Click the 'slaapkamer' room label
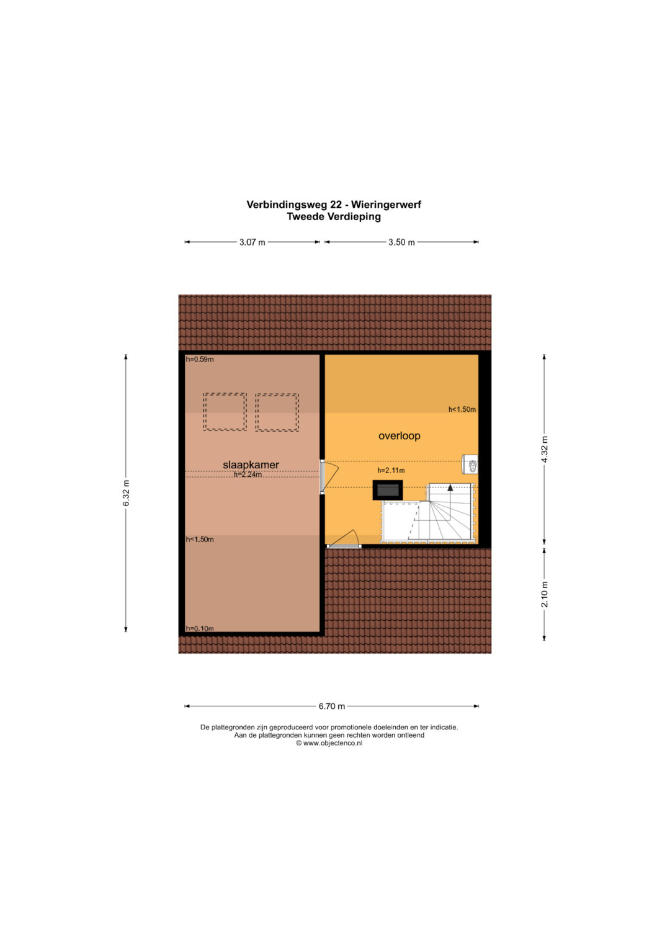(x=251, y=465)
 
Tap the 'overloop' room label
(x=400, y=436)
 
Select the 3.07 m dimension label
(x=252, y=242)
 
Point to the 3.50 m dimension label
(x=402, y=242)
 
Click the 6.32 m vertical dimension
(x=126, y=493)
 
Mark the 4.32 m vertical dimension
(x=545, y=449)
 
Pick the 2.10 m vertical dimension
(x=545, y=594)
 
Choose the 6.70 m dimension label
(x=332, y=706)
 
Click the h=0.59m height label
(x=200, y=360)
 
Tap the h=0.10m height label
(x=200, y=628)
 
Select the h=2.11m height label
(x=391, y=471)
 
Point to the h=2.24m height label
(x=248, y=475)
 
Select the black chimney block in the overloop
(x=388, y=490)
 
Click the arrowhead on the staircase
(x=450, y=488)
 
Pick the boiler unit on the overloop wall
(x=470, y=465)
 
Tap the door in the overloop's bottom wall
(x=344, y=540)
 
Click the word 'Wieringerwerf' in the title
(x=386, y=205)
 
